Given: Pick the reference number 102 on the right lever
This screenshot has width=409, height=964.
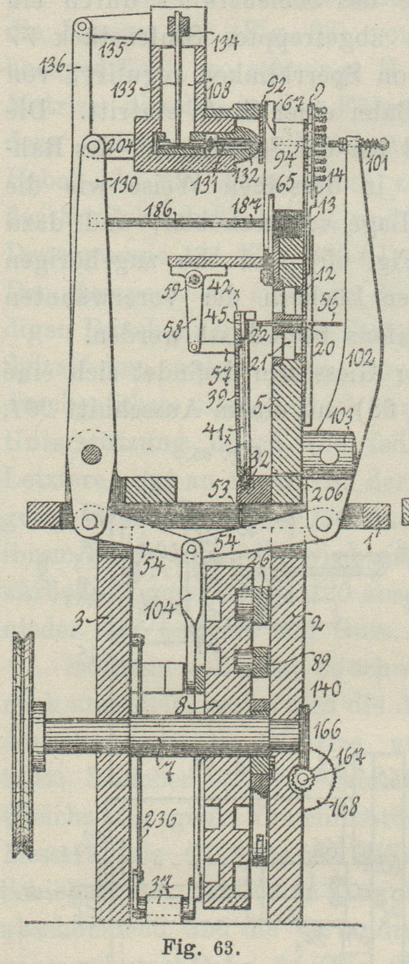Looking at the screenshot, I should [x=359, y=355].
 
